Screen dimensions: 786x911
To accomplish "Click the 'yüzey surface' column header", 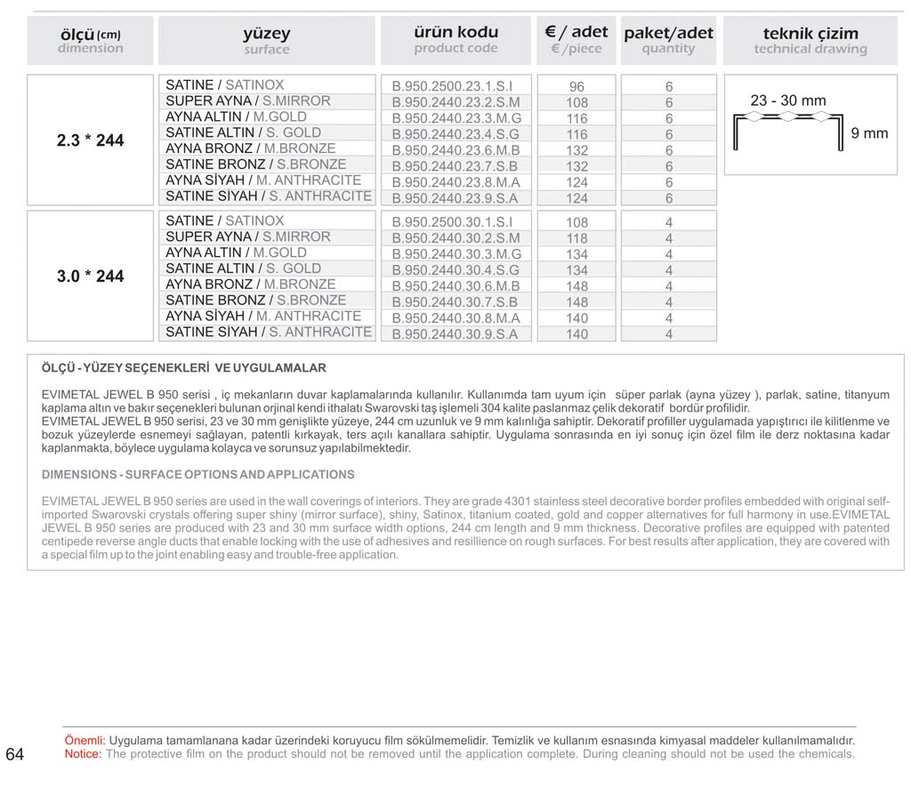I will pyautogui.click(x=266, y=41).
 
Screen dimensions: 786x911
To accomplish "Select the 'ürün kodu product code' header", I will pyautogui.click(x=455, y=40).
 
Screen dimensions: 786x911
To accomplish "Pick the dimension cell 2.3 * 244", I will pyautogui.click(x=90, y=140).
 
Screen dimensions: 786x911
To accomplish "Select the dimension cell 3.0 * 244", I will pyautogui.click(x=90, y=277).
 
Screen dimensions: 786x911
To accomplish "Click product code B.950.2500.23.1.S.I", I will pyautogui.click(x=455, y=87).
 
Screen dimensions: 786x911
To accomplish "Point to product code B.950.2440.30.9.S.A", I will pyautogui.click(x=455, y=334).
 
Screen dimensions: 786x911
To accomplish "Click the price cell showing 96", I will pyautogui.click(x=576, y=87).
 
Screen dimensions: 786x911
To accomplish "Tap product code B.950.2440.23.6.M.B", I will pyautogui.click(x=455, y=150).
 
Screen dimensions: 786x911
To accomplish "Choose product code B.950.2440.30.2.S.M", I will pyautogui.click(x=455, y=238).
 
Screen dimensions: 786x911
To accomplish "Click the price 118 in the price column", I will pyautogui.click(x=576, y=238).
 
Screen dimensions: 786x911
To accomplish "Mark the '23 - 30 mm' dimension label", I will pyautogui.click(x=787, y=101).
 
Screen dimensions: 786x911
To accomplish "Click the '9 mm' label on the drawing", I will pyautogui.click(x=869, y=133).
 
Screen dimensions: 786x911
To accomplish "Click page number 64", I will pyautogui.click(x=15, y=755).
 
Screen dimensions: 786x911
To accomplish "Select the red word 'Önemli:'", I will pyautogui.click(x=85, y=741).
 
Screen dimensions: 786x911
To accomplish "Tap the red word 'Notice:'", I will pyautogui.click(x=84, y=754).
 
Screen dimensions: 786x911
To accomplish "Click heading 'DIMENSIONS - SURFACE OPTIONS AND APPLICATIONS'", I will pyautogui.click(x=198, y=475).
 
